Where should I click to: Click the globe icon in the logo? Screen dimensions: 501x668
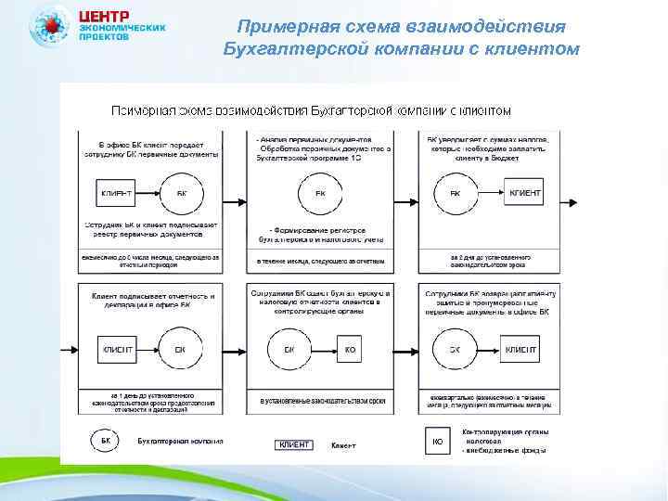tap(49, 27)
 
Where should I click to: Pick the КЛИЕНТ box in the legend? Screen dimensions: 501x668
tap(294, 444)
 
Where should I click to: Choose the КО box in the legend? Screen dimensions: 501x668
tap(436, 442)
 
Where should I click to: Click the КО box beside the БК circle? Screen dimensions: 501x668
tap(350, 350)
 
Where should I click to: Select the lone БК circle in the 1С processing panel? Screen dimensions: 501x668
tap(320, 194)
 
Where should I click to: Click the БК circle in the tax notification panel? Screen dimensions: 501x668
tap(455, 194)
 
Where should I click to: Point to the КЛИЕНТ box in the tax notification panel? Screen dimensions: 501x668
tap(523, 194)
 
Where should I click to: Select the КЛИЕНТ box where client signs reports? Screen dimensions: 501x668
tap(116, 350)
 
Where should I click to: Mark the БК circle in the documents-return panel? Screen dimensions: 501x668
tap(455, 350)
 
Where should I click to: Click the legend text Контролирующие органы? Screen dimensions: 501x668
tap(506, 432)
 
